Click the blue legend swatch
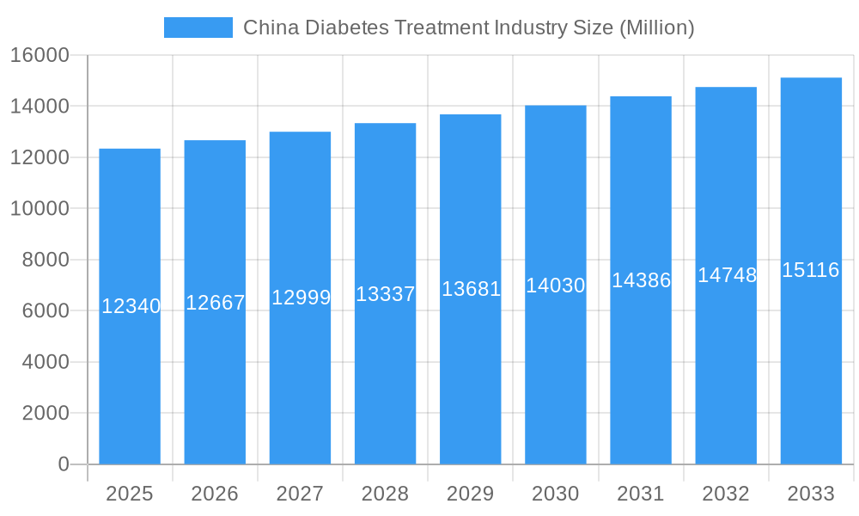[x=198, y=28]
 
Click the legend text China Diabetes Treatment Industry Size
[x=468, y=28]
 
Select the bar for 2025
[x=130, y=387]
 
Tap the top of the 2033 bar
[x=811, y=79]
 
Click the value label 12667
[x=216, y=303]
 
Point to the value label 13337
[x=386, y=294]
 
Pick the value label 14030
[x=556, y=286]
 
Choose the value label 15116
[x=811, y=270]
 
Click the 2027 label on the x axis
[x=300, y=494]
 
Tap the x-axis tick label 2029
[x=470, y=494]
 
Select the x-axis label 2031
[x=641, y=494]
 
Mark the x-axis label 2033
[x=811, y=494]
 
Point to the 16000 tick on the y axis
[x=40, y=55]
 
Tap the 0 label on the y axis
[x=64, y=464]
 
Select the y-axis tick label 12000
[x=40, y=157]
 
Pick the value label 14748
[x=727, y=275]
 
